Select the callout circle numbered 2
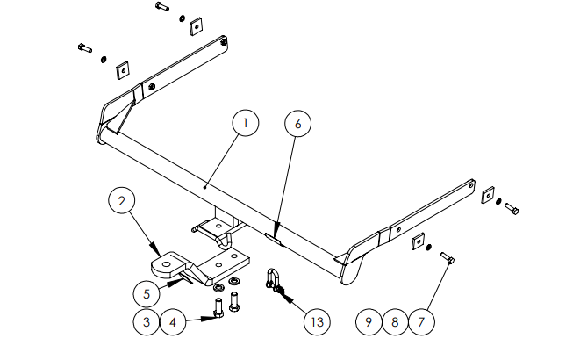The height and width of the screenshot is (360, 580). point(122,202)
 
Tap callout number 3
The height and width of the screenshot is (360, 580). point(147,322)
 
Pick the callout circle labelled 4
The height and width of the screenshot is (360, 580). point(174,322)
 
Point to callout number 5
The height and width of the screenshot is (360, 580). point(147,292)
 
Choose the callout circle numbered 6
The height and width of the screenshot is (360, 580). point(297,125)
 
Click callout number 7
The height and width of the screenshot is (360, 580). point(422,322)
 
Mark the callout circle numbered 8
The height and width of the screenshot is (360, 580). point(396,322)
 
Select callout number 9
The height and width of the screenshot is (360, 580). point(369,322)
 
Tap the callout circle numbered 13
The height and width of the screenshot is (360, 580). point(318,322)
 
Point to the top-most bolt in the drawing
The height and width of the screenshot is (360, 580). point(161,7)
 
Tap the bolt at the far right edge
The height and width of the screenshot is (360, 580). point(512,208)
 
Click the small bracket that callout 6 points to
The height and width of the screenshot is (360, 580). point(274,234)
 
